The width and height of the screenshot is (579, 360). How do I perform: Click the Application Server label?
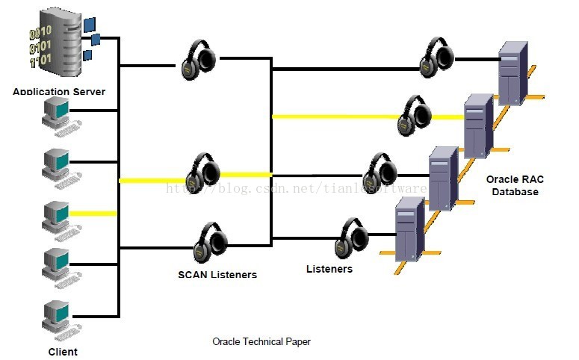click(59, 92)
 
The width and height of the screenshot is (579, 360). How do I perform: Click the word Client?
click(63, 351)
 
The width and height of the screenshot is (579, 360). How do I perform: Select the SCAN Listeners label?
click(217, 274)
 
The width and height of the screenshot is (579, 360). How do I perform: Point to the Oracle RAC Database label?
click(512, 185)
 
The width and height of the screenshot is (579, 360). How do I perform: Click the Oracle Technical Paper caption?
click(261, 341)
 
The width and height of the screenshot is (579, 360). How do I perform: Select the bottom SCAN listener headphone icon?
click(210, 240)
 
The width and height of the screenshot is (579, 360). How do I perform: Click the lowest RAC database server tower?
click(408, 227)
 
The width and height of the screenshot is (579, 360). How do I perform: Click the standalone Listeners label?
click(329, 268)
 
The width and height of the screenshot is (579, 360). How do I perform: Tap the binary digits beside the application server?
click(40, 44)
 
